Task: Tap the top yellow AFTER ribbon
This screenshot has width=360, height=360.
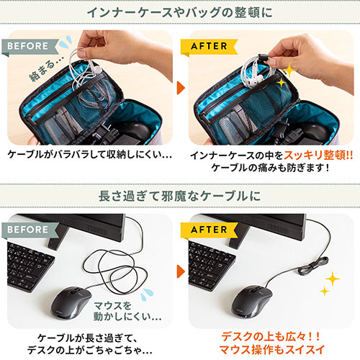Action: click(209, 47)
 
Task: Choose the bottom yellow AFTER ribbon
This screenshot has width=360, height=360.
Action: click(209, 230)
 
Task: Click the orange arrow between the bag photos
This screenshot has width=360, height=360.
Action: click(181, 88)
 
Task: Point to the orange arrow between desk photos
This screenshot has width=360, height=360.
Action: click(181, 271)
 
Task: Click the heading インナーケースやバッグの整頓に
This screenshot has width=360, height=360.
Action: click(180, 12)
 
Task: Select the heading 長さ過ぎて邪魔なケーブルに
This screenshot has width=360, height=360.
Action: click(180, 196)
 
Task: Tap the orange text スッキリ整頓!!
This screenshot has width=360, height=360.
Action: click(318, 156)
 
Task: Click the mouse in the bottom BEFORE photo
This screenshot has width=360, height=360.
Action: click(71, 303)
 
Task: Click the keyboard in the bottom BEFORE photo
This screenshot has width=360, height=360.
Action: click(30, 266)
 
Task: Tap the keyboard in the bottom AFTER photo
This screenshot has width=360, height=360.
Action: click(211, 266)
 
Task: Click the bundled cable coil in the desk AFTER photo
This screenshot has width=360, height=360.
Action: click(312, 266)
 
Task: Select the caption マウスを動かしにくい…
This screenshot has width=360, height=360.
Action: click(127, 311)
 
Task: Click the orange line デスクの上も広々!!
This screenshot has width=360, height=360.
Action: click(271, 336)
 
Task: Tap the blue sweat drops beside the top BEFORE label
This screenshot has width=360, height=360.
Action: click(66, 42)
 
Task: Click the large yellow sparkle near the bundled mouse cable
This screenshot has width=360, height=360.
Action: click(333, 279)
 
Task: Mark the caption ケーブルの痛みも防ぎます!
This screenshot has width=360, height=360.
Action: click(271, 168)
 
